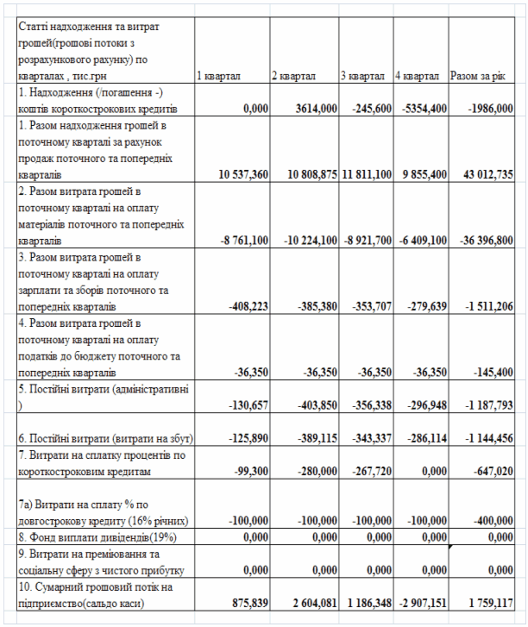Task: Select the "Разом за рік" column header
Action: pyautogui.click(x=475, y=77)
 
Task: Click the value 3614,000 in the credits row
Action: pyautogui.click(x=311, y=108)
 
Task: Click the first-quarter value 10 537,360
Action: pyautogui.click(x=238, y=174)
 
